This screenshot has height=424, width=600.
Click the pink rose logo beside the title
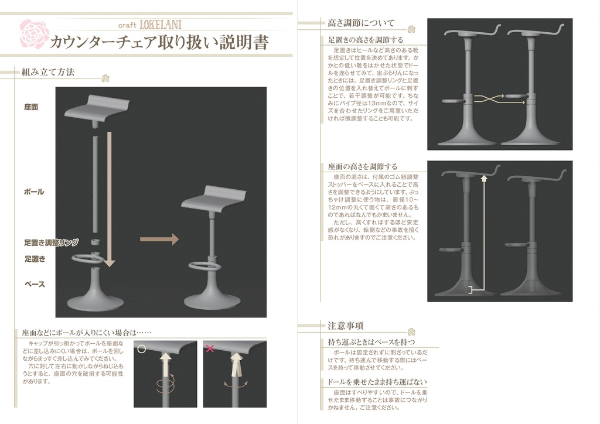click(33, 33)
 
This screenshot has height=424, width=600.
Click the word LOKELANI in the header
click(161, 25)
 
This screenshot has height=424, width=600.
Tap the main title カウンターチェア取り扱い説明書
click(159, 43)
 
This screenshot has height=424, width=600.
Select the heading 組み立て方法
click(48, 72)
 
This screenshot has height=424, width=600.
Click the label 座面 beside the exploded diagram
click(31, 108)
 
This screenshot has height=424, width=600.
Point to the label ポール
click(34, 192)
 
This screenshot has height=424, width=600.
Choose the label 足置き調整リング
click(52, 242)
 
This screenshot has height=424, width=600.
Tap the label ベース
click(35, 284)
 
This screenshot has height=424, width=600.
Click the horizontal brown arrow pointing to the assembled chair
click(159, 239)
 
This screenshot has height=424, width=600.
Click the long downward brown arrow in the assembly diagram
click(109, 199)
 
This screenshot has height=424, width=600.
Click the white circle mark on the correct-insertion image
click(141, 349)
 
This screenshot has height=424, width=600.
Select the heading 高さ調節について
click(361, 23)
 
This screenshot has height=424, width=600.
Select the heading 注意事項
click(345, 326)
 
